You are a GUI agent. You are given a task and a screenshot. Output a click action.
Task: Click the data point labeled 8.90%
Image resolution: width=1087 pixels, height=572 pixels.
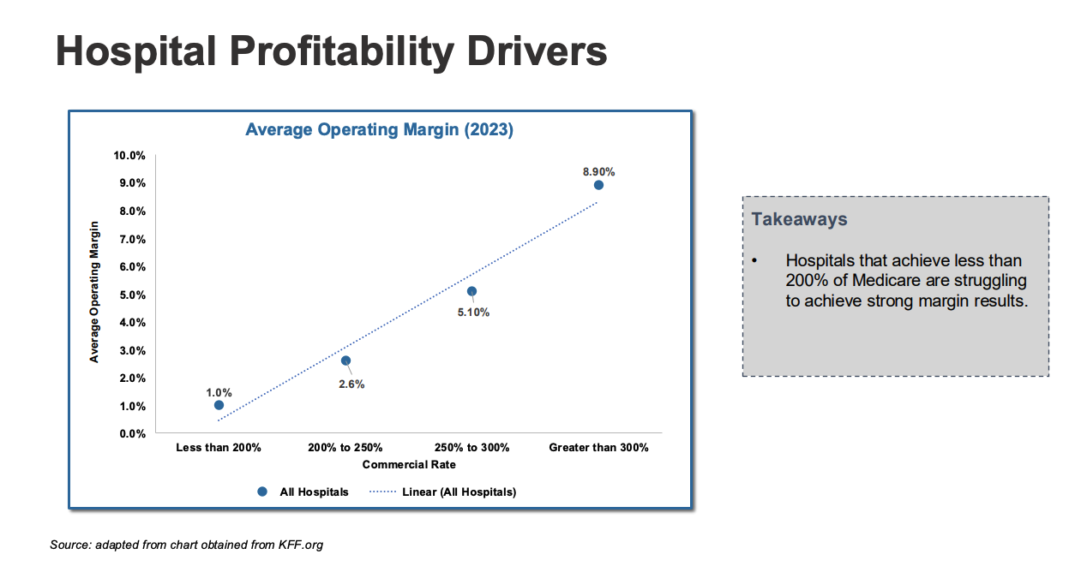tap(598, 185)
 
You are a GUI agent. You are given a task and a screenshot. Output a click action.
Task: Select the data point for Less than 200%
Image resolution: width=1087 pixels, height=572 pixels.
tap(219, 405)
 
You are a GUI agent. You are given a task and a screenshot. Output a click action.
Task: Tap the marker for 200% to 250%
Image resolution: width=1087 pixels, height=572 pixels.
tap(345, 360)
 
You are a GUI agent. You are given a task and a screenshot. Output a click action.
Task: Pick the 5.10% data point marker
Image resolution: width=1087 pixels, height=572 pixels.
tap(471, 291)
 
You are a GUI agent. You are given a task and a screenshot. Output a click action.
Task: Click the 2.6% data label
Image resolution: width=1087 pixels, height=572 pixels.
tap(351, 384)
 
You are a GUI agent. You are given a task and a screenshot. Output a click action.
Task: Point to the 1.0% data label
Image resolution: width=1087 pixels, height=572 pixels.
tap(219, 392)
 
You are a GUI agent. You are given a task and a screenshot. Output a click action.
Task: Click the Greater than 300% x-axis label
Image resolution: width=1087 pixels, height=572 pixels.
tap(598, 447)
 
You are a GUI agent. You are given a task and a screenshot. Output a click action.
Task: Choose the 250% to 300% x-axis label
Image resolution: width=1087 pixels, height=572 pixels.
tap(471, 447)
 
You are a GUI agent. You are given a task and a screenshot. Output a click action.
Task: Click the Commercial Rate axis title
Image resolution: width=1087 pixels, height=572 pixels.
tap(409, 464)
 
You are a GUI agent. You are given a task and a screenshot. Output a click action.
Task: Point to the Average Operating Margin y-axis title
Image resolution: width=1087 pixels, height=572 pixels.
tap(95, 292)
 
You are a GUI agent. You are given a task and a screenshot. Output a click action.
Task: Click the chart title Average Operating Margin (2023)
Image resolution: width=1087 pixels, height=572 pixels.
tap(379, 130)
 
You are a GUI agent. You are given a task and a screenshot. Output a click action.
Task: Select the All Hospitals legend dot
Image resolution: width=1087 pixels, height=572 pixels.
tap(262, 492)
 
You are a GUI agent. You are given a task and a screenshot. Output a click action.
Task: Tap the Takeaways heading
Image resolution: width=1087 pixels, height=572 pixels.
tap(799, 219)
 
